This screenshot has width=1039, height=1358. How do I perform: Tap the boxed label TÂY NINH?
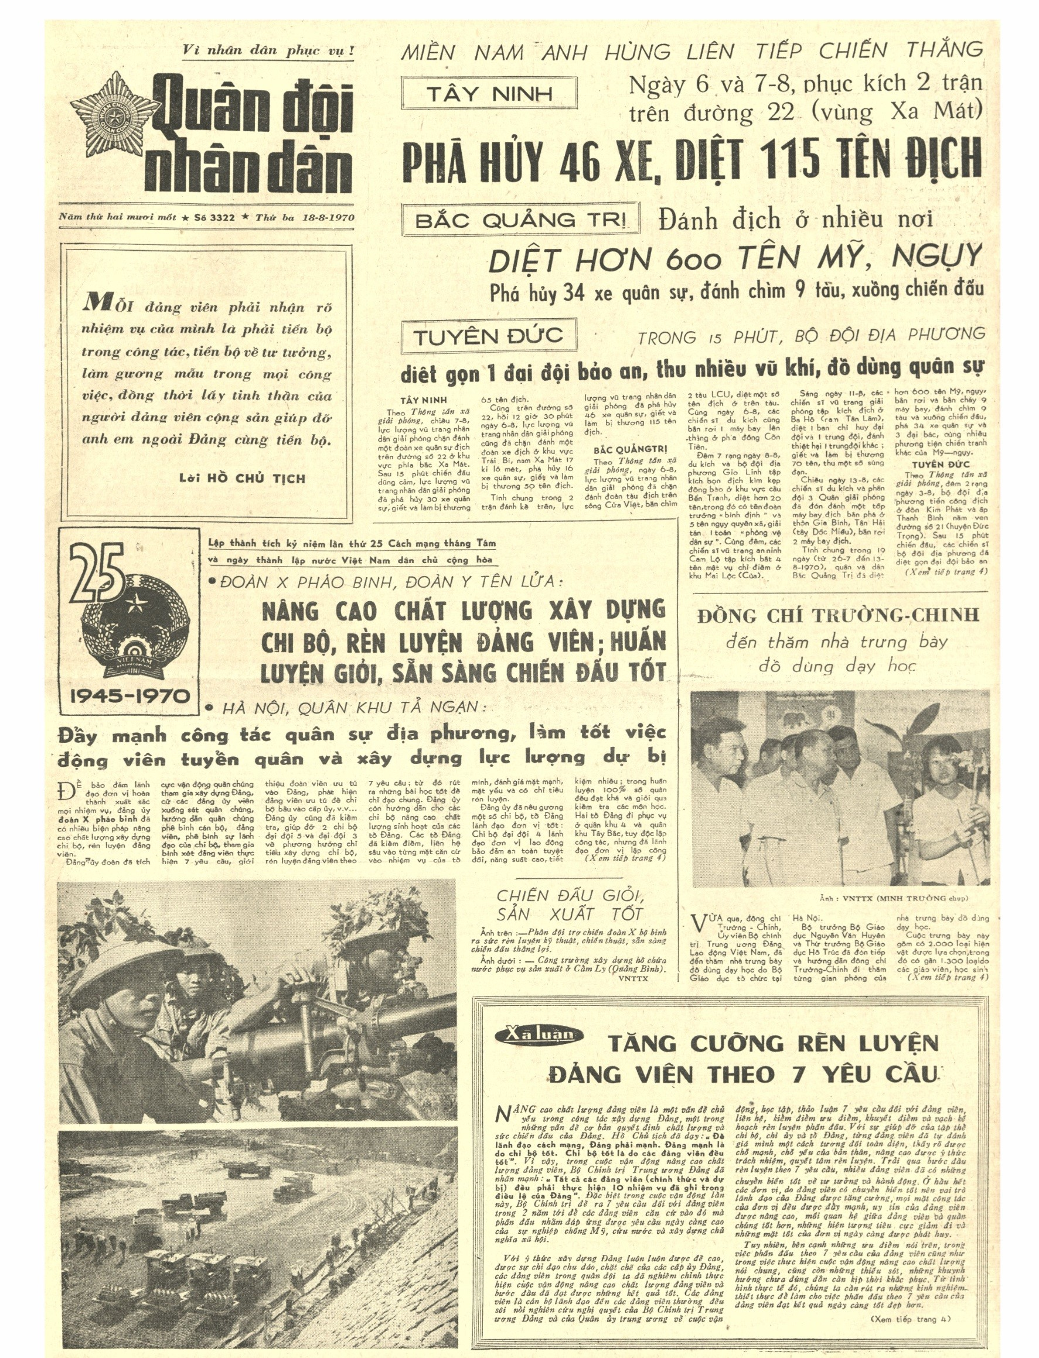[489, 94]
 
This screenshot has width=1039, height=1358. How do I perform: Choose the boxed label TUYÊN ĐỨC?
[489, 336]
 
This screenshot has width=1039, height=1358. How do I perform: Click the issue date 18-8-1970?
[328, 217]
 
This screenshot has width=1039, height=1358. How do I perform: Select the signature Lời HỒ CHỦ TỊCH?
[242, 479]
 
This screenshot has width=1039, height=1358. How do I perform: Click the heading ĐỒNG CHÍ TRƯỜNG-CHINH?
[838, 615]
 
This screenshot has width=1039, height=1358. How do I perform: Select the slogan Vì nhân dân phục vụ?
[268, 51]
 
